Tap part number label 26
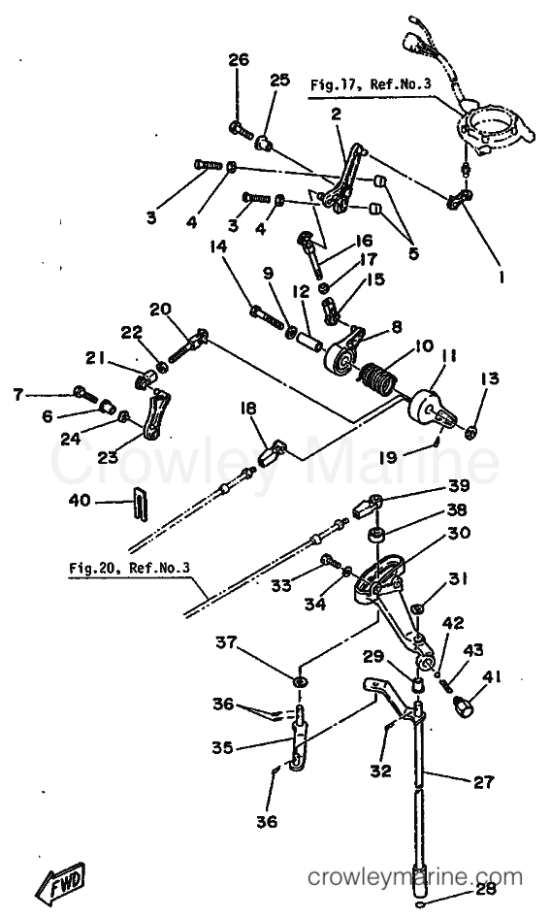[239, 60]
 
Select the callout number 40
[80, 501]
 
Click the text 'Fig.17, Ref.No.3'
[370, 84]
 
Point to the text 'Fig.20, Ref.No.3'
[129, 568]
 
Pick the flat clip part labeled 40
[141, 503]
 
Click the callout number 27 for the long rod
[483, 781]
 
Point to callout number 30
[460, 533]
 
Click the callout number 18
[249, 409]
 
